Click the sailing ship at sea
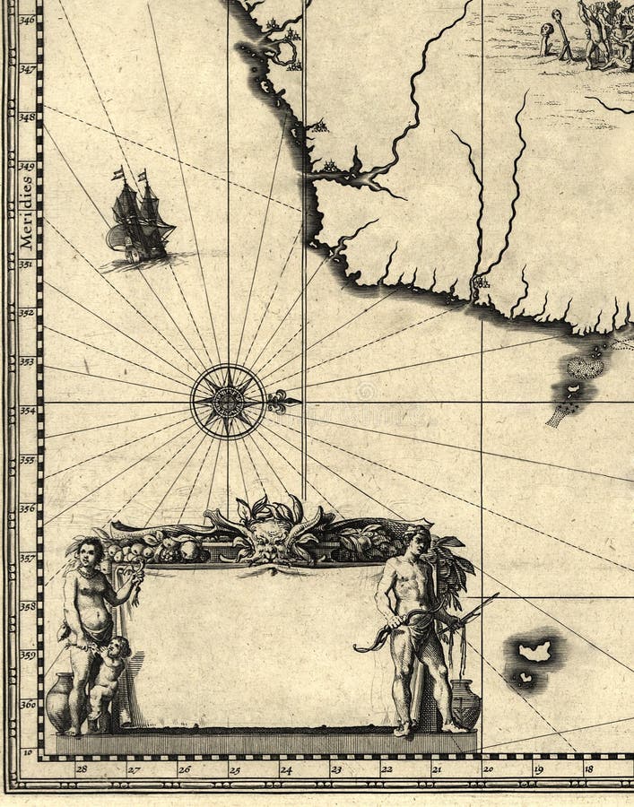coord(139,218)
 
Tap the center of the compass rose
coord(228,401)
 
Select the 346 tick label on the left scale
coord(27,20)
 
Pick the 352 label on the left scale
coord(27,313)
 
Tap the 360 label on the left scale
coord(27,704)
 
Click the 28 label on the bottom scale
coord(82,768)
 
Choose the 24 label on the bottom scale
coord(285,768)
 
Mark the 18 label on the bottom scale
coord(588,768)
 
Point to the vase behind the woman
coord(59,702)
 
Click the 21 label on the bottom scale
coord(437,768)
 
